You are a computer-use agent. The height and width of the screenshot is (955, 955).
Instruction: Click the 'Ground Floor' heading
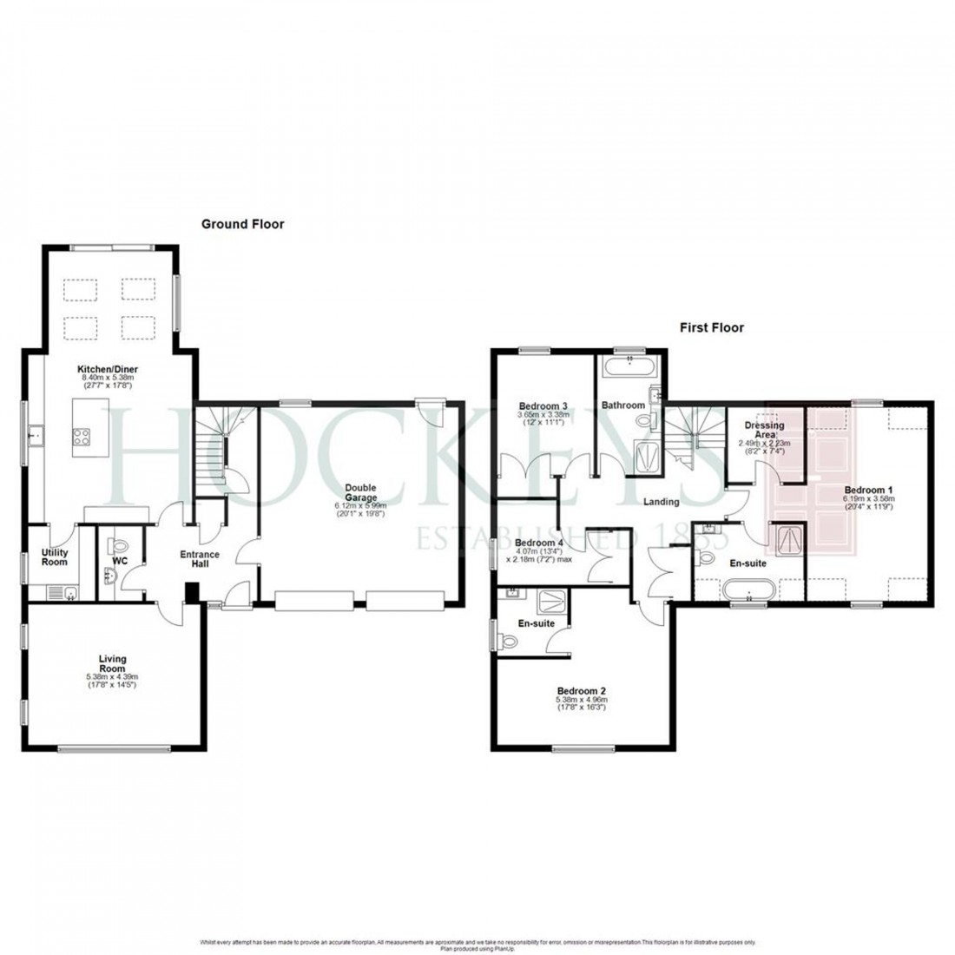242,224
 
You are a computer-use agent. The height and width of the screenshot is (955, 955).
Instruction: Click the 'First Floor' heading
710,328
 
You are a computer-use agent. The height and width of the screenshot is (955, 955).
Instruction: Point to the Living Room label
112,664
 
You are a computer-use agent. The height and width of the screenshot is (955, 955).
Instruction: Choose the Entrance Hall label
200,560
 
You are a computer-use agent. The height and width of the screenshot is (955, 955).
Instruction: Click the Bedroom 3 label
543,405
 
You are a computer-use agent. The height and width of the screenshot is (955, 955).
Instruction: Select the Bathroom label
625,405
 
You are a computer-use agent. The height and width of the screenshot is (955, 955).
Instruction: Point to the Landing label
662,502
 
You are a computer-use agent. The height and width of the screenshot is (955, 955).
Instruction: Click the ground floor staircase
214,443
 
